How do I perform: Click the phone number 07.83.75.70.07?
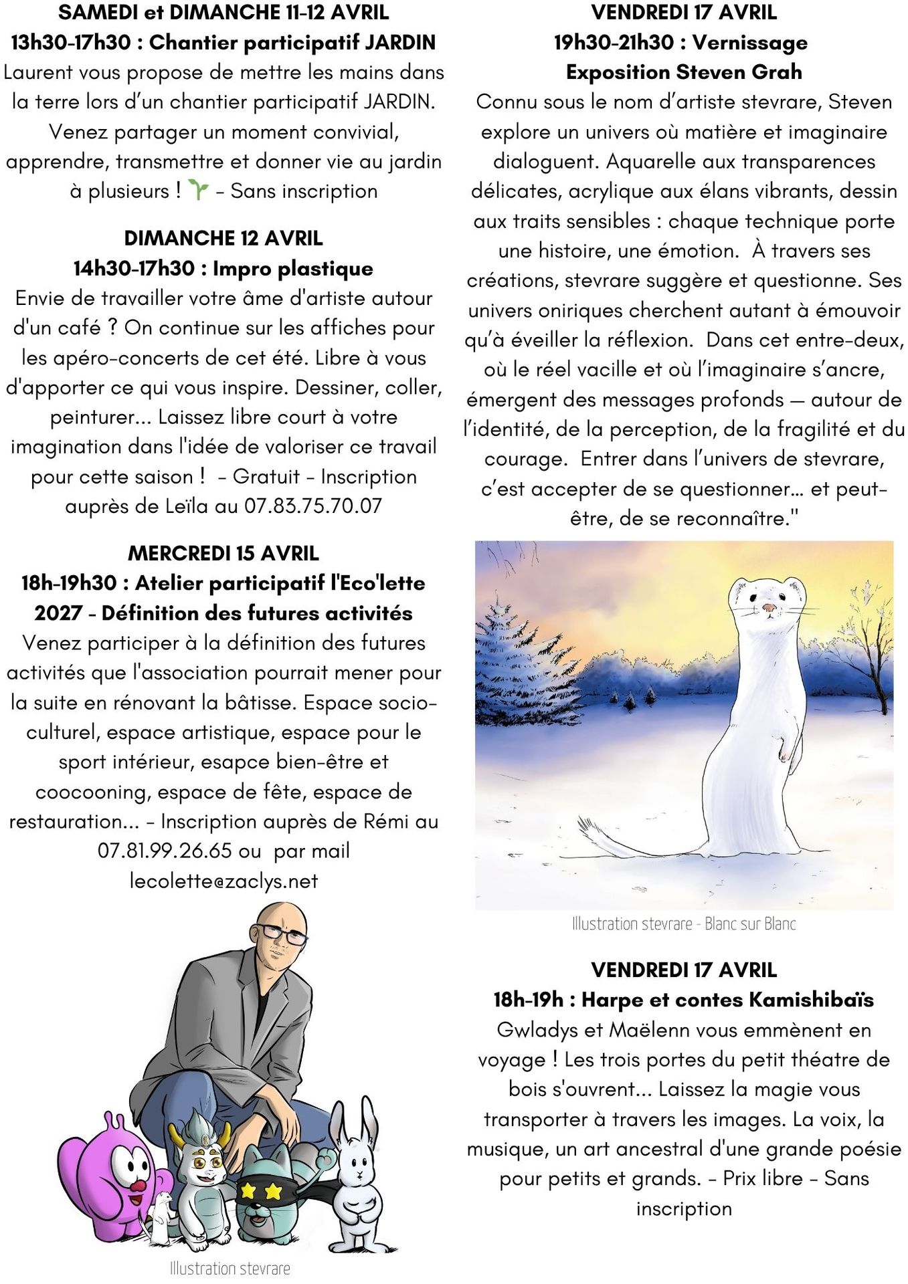click(313, 506)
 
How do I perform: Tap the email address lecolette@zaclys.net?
click(223, 881)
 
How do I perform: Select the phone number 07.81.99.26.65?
click(165, 851)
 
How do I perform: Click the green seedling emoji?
click(198, 191)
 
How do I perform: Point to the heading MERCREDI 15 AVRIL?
click(223, 554)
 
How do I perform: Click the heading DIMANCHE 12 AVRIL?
click(223, 239)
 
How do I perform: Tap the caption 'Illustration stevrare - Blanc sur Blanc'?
click(683, 924)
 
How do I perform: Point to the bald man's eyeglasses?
click(283, 934)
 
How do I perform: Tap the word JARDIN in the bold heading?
click(400, 43)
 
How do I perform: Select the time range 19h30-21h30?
click(614, 43)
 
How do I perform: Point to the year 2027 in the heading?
click(59, 613)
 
